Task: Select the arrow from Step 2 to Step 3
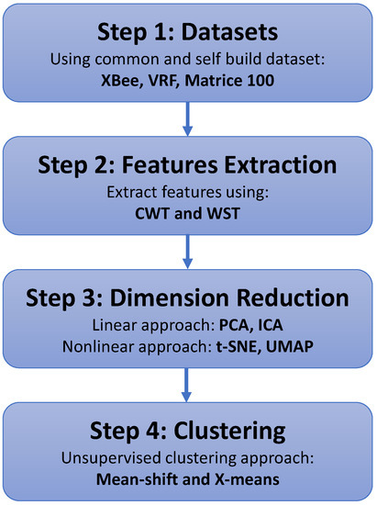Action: point(188,252)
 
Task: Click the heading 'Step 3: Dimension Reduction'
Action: point(188,300)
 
